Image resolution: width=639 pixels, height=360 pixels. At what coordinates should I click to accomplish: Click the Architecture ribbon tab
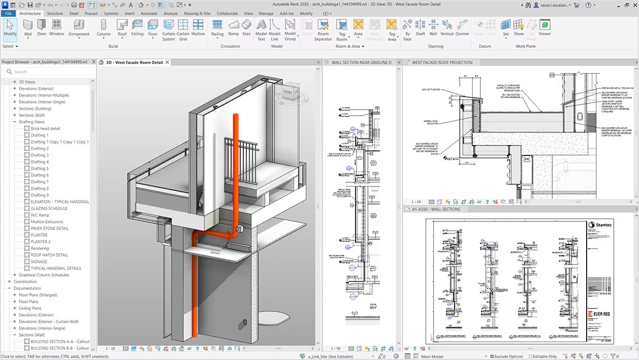coord(30,13)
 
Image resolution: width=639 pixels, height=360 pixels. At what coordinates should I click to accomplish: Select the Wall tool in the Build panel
coord(28,27)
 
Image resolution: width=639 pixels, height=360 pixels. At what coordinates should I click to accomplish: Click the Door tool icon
coord(42,27)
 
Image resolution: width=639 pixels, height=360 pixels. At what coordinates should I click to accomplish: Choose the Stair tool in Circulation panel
coord(246,27)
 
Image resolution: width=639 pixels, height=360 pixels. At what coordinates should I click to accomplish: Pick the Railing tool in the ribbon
coord(217,27)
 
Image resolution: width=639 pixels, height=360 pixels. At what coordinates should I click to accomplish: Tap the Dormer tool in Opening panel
coord(462,27)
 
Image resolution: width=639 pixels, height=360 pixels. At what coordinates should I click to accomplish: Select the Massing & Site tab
coord(197,13)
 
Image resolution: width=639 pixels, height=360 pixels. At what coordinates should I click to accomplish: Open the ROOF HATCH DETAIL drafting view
coord(49,255)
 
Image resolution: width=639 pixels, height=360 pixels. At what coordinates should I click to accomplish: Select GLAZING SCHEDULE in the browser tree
coord(49,208)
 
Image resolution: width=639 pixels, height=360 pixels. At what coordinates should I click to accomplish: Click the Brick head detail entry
coord(45,128)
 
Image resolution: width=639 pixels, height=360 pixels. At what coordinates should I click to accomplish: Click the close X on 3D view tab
coord(167,63)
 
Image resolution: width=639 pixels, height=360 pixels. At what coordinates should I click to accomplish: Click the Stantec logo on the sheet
coord(600,224)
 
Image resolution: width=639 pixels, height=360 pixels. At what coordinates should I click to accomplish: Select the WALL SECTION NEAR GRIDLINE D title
coord(361,63)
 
